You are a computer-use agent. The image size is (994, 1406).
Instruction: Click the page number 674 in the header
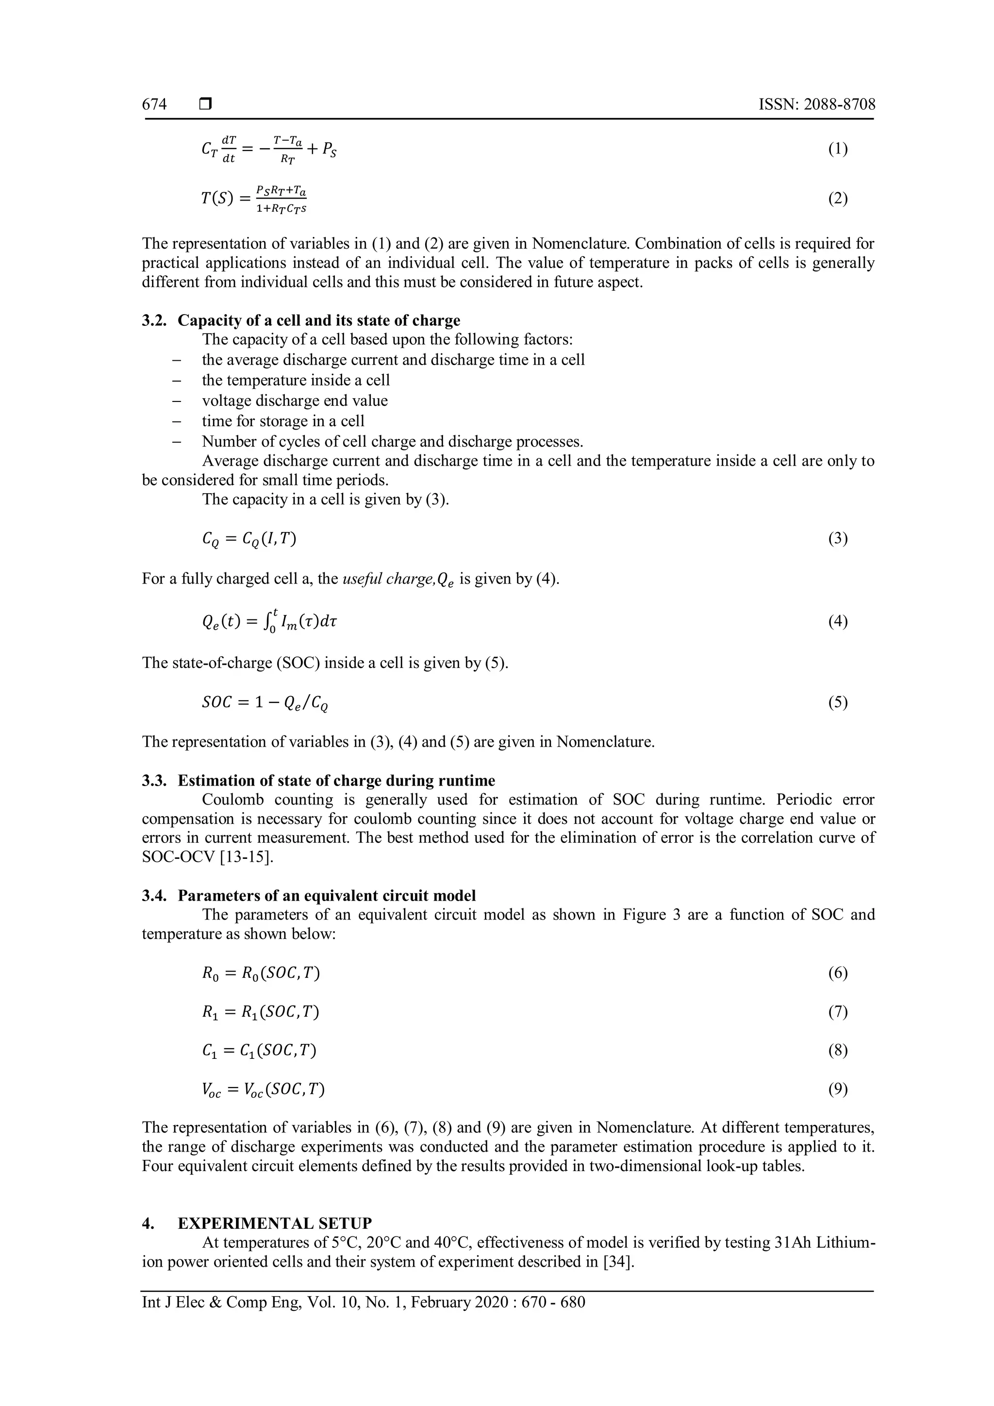click(x=154, y=105)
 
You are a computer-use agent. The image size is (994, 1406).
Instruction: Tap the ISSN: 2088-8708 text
click(x=816, y=105)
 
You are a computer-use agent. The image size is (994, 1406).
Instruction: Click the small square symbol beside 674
click(x=205, y=105)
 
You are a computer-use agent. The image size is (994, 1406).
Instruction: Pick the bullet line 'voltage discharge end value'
click(x=295, y=401)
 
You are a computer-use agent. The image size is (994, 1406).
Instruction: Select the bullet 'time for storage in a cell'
click(x=283, y=421)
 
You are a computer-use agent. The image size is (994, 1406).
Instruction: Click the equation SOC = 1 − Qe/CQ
click(x=265, y=703)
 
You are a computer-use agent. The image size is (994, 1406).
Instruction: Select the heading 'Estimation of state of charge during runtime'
click(x=336, y=781)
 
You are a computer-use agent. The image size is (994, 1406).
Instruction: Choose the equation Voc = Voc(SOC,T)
click(x=263, y=1089)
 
